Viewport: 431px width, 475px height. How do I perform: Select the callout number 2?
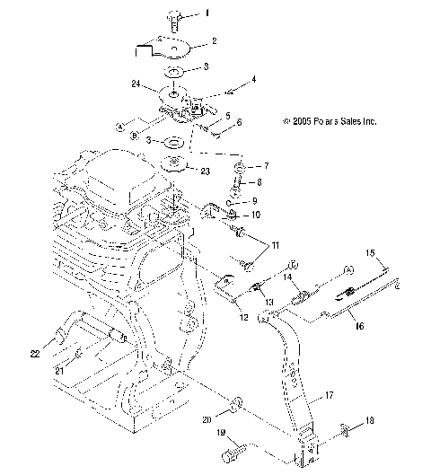(214, 41)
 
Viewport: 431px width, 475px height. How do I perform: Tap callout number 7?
(264, 167)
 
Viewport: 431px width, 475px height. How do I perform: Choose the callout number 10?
(256, 215)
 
